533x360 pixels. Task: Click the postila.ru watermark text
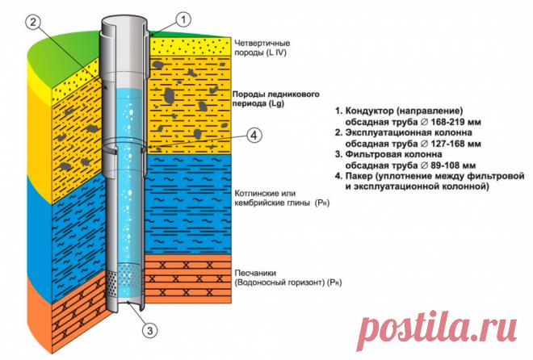coord(434,328)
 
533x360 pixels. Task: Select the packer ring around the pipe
coord(128,149)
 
